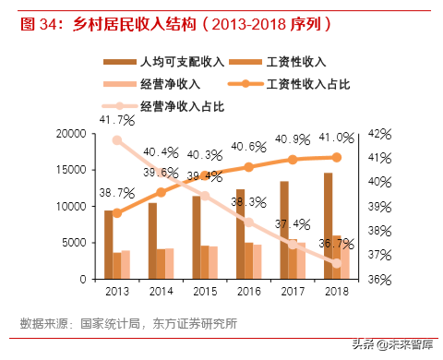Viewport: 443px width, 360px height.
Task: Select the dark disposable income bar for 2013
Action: tap(108, 245)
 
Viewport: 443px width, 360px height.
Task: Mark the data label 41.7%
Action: tap(116, 119)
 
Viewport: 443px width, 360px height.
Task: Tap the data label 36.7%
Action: tap(336, 244)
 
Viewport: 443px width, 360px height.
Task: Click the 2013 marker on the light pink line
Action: tap(116, 140)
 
